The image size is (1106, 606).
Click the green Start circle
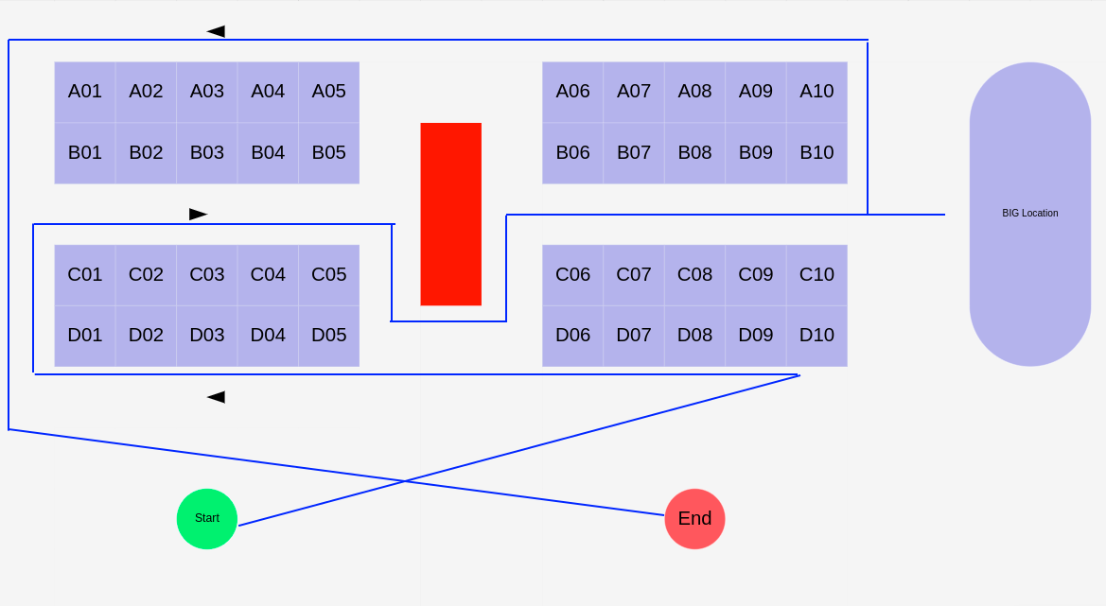pos(206,518)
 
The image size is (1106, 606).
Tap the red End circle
pos(694,518)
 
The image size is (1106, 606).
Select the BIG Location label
pos(1029,214)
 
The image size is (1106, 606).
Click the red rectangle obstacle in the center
pos(450,214)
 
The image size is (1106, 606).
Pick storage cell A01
pos(85,92)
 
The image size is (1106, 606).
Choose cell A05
pos(328,92)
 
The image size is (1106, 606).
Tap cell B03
pos(206,152)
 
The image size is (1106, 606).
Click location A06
pos(572,92)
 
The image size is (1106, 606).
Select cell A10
pos(816,92)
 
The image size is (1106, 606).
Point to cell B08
pos(694,152)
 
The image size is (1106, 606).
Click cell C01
pos(85,275)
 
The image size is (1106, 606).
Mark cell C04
pos(268,275)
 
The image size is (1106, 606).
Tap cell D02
pos(146,336)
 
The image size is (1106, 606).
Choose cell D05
pos(328,336)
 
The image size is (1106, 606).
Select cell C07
pos(634,275)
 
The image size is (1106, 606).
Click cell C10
pos(816,275)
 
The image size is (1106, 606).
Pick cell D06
pos(572,336)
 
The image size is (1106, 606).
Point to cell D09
pos(755,336)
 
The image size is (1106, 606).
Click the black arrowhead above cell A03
pos(216,31)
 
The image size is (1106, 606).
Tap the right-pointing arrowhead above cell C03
pos(198,215)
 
